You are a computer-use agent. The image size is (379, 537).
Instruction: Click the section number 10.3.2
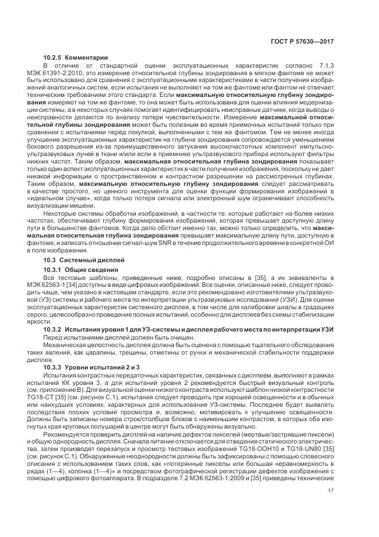[53, 329]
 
